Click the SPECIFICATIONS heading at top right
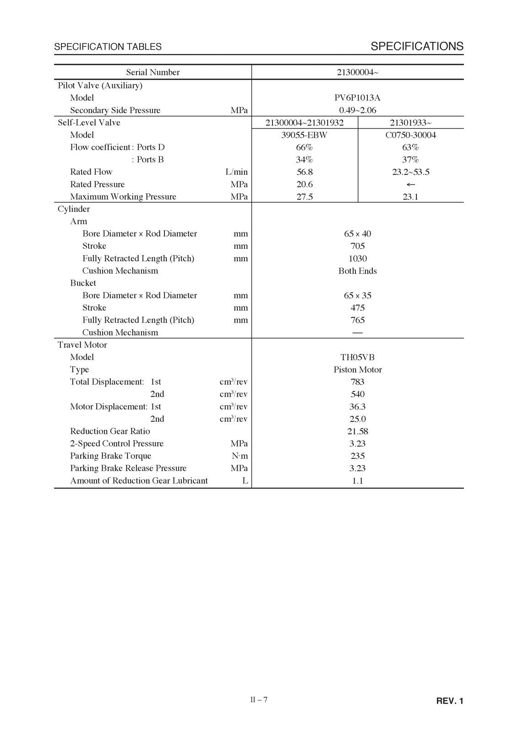[417, 46]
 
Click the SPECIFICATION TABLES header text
[108, 47]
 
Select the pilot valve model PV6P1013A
[357, 98]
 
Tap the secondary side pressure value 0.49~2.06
[357, 110]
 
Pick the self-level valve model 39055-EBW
[304, 135]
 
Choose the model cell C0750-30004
[410, 135]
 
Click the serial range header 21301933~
[410, 123]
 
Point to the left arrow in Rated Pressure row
[410, 184]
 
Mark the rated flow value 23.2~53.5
[410, 172]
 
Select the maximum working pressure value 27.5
[304, 197]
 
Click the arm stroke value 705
[357, 246]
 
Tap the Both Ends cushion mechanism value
[357, 271]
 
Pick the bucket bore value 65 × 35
[357, 296]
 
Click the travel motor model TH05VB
[357, 357]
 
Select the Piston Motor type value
[357, 370]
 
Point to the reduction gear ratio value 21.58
[357, 431]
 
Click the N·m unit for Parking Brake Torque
[240, 456]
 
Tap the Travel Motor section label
[82, 345]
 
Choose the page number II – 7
[259, 700]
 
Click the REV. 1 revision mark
[449, 701]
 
